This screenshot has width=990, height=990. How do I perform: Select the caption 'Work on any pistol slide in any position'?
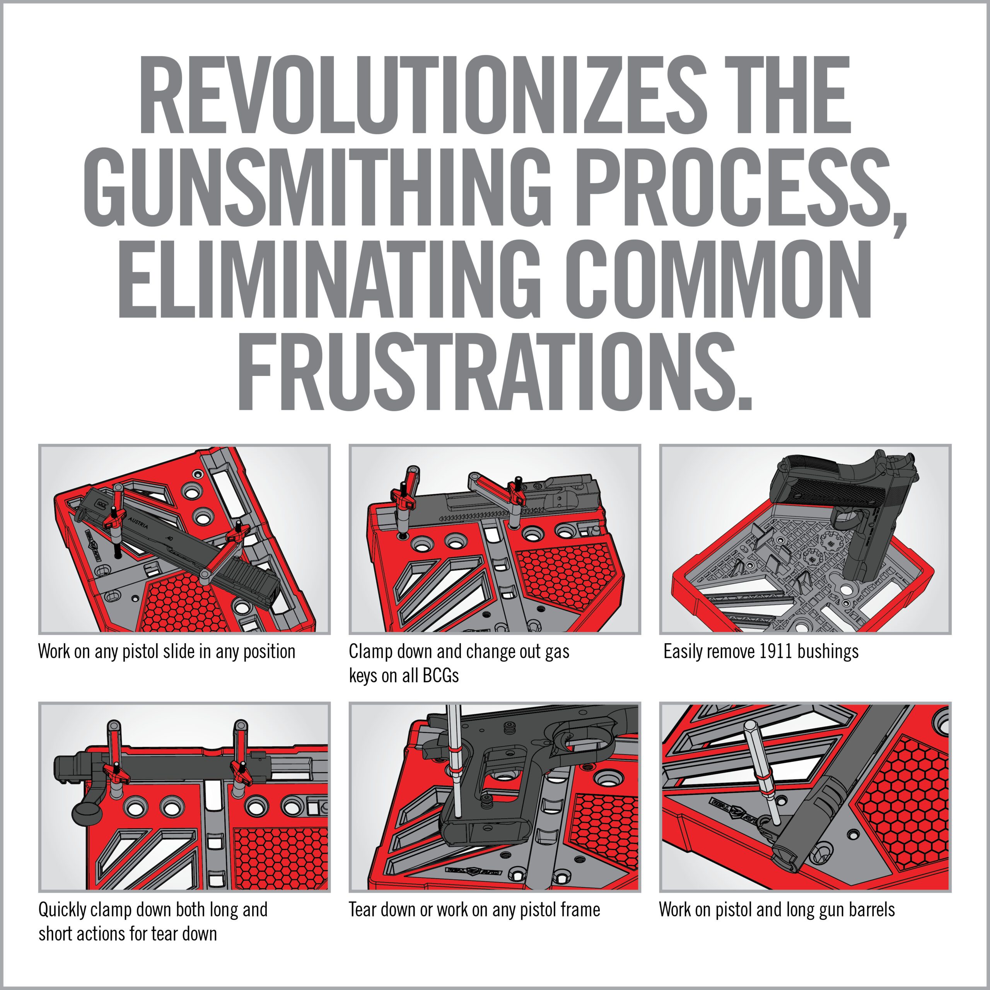pos(167,652)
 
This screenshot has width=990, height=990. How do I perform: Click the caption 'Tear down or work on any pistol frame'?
pos(474,910)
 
